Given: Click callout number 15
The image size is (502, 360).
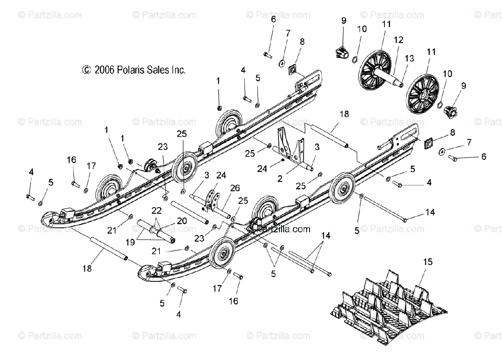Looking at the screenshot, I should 428,262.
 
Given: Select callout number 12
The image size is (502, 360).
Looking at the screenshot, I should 399,40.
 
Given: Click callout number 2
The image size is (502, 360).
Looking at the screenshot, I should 280,178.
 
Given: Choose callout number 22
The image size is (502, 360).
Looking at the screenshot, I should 156,210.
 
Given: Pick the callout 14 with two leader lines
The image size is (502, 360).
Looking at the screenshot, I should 325,236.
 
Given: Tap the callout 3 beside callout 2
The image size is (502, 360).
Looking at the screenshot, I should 317,147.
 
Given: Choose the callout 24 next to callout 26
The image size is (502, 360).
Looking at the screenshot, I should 220,175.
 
